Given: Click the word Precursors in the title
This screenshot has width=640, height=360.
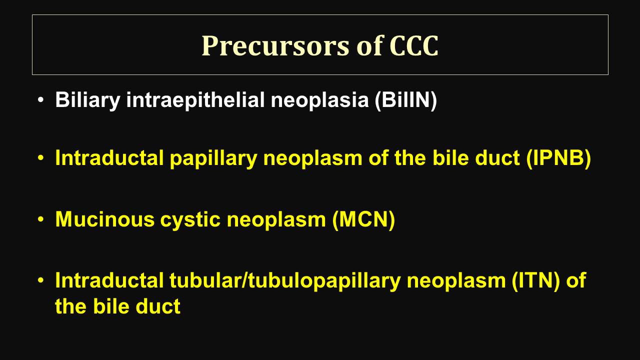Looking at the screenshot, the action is click(275, 45).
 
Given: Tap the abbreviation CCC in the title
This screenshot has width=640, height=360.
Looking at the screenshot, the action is click(413, 45).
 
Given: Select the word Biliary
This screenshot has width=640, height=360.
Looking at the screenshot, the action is click(87, 100).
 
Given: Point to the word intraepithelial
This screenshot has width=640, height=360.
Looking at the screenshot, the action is click(195, 100).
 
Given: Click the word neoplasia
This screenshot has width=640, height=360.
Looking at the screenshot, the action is click(319, 100).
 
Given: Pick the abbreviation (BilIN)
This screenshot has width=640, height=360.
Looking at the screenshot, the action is click(405, 100).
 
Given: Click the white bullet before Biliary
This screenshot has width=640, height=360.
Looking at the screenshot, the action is click(41, 100).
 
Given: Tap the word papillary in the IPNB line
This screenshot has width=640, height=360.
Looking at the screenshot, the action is click(213, 158).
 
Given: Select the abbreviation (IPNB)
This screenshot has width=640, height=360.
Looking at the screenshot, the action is click(558, 158).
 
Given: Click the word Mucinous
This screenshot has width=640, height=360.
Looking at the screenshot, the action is click(105, 219).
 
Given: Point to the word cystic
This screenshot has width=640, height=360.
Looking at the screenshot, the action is click(190, 220).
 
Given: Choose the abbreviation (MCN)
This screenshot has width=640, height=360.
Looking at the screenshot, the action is click(363, 219).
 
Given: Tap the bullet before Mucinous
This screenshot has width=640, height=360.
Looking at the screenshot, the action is click(41, 219).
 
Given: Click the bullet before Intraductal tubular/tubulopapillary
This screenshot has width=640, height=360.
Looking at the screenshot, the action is click(41, 280).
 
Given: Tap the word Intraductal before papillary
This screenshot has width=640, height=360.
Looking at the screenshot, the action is click(109, 157).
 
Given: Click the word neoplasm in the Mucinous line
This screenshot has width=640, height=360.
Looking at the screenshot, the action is click(276, 220).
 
